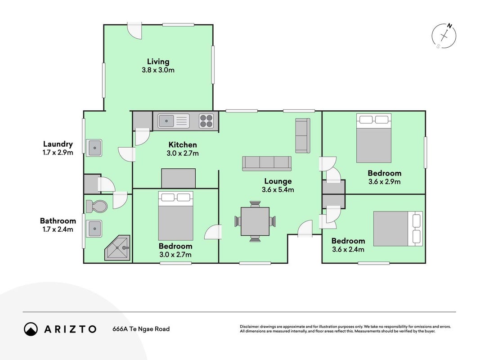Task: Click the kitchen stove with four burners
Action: click(206, 121)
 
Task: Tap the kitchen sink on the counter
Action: click(174, 121)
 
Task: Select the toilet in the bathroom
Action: click(96, 207)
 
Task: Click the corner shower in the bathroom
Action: click(117, 247)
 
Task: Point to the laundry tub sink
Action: click(94, 148)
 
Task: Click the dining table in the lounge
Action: click(255, 221)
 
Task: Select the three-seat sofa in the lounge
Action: click(267, 163)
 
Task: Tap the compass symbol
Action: click(444, 36)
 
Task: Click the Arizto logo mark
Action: click(31, 329)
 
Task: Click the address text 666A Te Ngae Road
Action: click(141, 329)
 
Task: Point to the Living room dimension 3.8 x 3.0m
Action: click(158, 70)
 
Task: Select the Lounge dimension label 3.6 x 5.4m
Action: click(278, 190)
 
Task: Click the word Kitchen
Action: click(183, 145)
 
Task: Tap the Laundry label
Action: click(58, 144)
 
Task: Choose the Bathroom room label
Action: click(58, 220)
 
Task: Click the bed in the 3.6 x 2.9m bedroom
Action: click(374, 138)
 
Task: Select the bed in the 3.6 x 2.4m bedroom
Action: click(398, 229)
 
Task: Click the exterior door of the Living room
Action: click(135, 31)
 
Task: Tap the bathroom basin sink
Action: click(94, 229)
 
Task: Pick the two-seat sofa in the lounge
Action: click(303, 135)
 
